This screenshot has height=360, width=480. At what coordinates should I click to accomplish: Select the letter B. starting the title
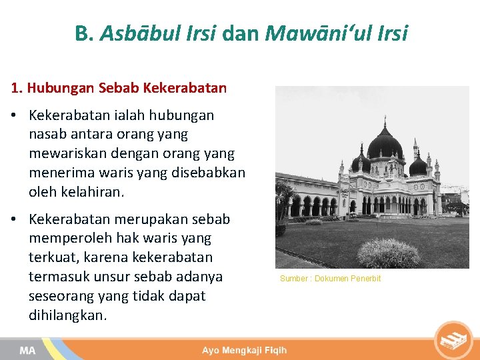(x=85, y=33)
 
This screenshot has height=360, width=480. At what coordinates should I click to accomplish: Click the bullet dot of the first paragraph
(x=14, y=115)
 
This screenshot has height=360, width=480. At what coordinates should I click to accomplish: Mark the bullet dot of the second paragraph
(x=14, y=219)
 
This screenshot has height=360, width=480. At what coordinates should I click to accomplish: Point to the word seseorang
(x=60, y=296)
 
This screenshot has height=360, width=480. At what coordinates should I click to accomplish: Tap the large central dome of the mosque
(x=385, y=143)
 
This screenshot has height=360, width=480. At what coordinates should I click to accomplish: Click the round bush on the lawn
(x=389, y=253)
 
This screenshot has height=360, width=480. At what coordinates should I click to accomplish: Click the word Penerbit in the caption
(x=365, y=279)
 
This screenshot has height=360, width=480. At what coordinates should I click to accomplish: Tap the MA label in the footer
(x=27, y=350)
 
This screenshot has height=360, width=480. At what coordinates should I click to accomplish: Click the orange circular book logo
(x=453, y=340)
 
